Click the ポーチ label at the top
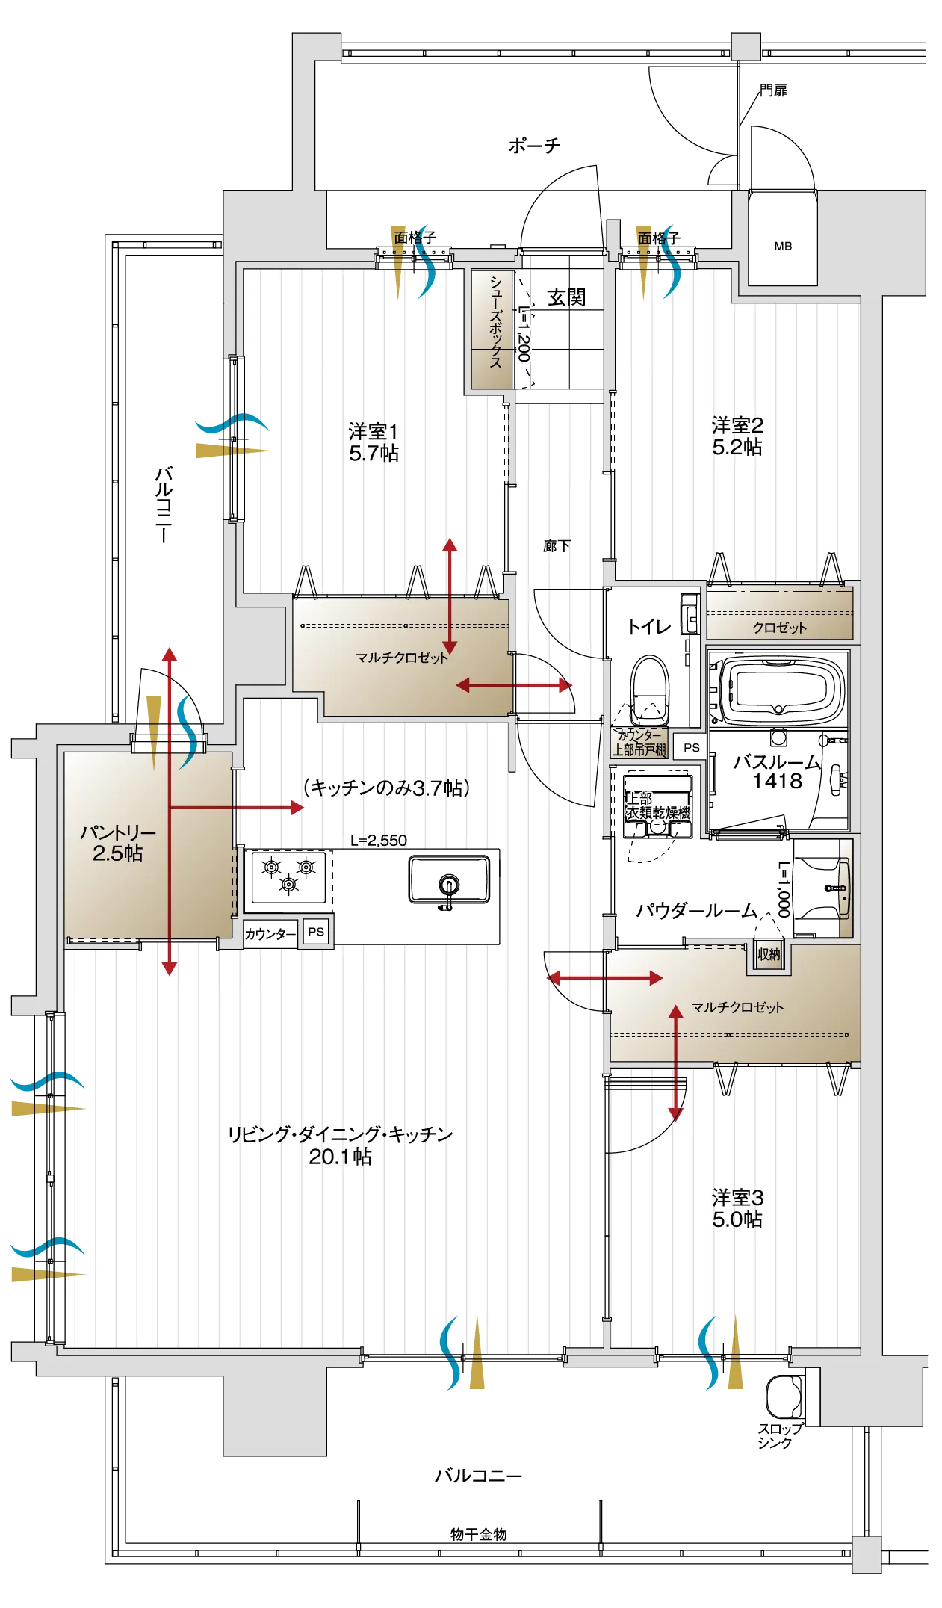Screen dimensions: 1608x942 pyautogui.click(x=533, y=144)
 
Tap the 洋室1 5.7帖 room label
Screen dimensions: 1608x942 pyautogui.click(x=374, y=442)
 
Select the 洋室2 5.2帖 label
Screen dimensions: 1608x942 pyautogui.click(x=737, y=436)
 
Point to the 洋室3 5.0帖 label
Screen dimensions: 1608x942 pyautogui.click(x=737, y=1208)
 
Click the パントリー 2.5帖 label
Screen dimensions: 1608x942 pyautogui.click(x=118, y=843)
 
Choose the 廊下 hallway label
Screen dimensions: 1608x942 pyautogui.click(x=557, y=546)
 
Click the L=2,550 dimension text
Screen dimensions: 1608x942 pyautogui.click(x=379, y=840)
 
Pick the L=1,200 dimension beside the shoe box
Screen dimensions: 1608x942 pyautogui.click(x=524, y=333)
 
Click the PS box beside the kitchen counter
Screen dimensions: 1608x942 pyautogui.click(x=316, y=932)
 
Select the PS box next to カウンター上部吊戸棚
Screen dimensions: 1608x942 pyautogui.click(x=691, y=747)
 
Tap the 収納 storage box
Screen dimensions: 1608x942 pyautogui.click(x=769, y=954)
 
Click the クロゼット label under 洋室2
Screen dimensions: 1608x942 pyautogui.click(x=779, y=628)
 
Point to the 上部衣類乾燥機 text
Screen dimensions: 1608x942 pyautogui.click(x=657, y=806)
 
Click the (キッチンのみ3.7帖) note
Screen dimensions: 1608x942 pyautogui.click(x=386, y=788)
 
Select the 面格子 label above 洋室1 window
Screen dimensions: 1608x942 pyautogui.click(x=415, y=238)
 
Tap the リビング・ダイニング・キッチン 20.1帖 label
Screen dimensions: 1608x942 pyautogui.click(x=340, y=1145)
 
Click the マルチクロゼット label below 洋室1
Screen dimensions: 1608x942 pyautogui.click(x=401, y=658)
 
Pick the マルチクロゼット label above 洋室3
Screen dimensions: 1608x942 pyautogui.click(x=737, y=1007)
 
